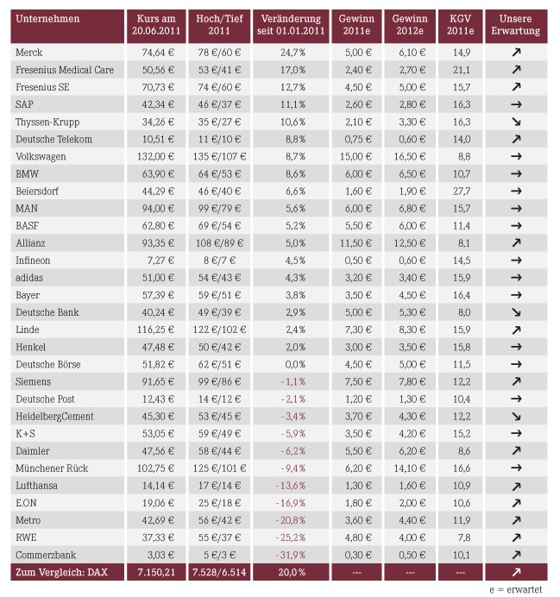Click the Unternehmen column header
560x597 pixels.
click(x=47, y=19)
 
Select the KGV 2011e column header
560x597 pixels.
click(x=460, y=25)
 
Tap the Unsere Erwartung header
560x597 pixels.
click(x=515, y=25)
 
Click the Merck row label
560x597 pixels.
click(x=29, y=53)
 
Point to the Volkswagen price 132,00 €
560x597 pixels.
click(x=155, y=156)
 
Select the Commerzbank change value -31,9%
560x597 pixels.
click(x=291, y=555)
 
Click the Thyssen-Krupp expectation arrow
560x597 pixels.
click(x=516, y=122)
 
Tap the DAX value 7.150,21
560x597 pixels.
click(x=156, y=572)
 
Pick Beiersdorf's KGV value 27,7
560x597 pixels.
click(x=462, y=192)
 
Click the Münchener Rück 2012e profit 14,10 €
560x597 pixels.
click(x=410, y=468)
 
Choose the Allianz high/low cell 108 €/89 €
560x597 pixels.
click(x=220, y=243)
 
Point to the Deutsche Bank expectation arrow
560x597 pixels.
click(x=516, y=312)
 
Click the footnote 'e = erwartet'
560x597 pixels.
click(x=515, y=589)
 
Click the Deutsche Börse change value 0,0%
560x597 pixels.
click(x=295, y=364)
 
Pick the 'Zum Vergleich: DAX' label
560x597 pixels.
click(x=61, y=572)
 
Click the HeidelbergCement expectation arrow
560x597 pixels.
click(x=516, y=416)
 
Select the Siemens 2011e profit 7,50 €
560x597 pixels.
click(x=358, y=381)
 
